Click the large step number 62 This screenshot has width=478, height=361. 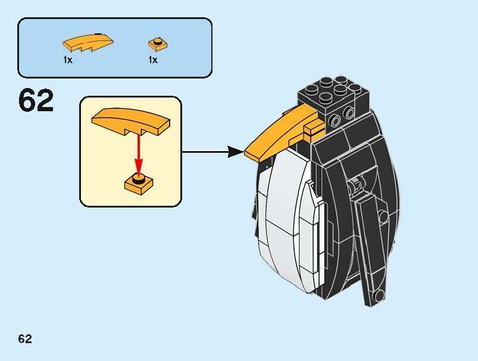pos(36,101)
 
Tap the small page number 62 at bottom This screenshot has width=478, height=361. pos(25,339)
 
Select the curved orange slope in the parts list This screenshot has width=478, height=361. pos(88,43)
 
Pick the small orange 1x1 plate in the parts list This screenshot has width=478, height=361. pos(158,44)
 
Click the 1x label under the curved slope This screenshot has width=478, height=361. pos(68,59)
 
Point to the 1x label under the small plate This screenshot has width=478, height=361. pos(153,59)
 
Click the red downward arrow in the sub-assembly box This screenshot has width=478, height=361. pos(139,155)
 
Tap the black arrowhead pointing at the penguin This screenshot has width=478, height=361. pos(235,152)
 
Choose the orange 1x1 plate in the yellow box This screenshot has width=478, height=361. pos(139,183)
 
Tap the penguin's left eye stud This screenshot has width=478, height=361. pos(335,121)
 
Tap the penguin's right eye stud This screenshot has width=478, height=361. pos(349,113)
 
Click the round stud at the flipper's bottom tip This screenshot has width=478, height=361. pos(379,295)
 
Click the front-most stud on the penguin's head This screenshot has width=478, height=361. pos(326,98)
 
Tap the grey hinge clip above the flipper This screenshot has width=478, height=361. pos(354,186)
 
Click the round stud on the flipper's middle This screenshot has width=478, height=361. pos(382,216)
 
